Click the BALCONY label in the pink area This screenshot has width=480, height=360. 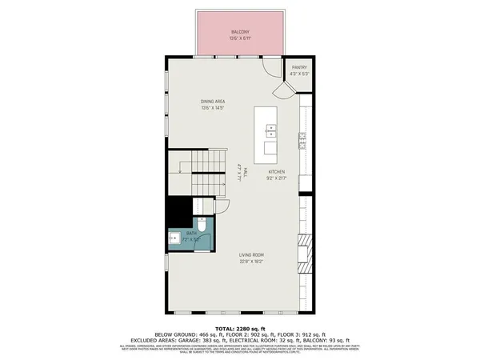[x=239, y=33]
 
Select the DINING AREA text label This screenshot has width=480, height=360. [x=212, y=101]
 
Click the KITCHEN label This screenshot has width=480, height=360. [x=277, y=172]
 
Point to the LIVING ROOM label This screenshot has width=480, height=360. [x=251, y=255]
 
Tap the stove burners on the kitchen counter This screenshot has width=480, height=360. [x=303, y=143]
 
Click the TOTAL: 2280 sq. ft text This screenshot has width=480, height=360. [x=239, y=328]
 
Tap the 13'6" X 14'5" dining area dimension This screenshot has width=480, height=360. [x=212, y=108]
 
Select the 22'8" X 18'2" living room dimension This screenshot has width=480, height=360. [x=251, y=262]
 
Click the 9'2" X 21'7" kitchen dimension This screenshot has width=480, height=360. [x=277, y=178]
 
